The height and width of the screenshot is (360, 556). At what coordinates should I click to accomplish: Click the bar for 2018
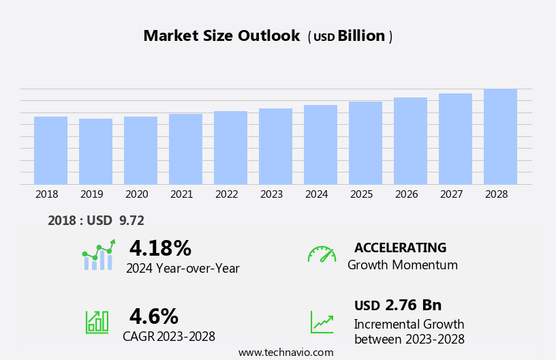[x=50, y=150]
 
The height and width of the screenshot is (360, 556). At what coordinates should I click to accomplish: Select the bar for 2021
[x=185, y=149]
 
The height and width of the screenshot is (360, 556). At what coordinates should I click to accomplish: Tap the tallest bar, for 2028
[x=500, y=136]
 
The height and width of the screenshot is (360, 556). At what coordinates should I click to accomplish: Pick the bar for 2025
[x=365, y=142]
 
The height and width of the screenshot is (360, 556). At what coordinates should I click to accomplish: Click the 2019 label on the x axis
[x=91, y=194]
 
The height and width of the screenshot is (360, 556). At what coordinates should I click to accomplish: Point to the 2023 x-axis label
[x=271, y=194]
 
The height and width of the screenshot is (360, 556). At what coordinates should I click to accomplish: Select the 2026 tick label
[x=406, y=194]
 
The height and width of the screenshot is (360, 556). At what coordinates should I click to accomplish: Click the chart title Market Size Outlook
[x=221, y=36]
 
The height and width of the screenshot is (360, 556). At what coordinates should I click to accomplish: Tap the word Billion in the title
[x=361, y=36]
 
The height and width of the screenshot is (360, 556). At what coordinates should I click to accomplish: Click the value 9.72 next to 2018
[x=132, y=220]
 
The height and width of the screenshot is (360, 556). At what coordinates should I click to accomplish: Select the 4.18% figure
[x=160, y=248]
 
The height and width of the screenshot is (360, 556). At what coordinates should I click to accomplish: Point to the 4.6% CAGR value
[x=153, y=316]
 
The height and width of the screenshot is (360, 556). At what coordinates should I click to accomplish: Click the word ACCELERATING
[x=400, y=247]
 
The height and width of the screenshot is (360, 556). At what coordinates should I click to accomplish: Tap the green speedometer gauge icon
[x=322, y=254]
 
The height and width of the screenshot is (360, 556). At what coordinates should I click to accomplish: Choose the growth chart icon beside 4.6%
[x=97, y=322]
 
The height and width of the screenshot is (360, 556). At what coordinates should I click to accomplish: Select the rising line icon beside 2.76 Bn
[x=322, y=322]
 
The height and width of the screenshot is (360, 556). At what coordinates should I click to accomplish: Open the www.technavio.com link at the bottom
[x=285, y=352]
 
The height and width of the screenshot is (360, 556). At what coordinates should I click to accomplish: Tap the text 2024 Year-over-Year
[x=183, y=269]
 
